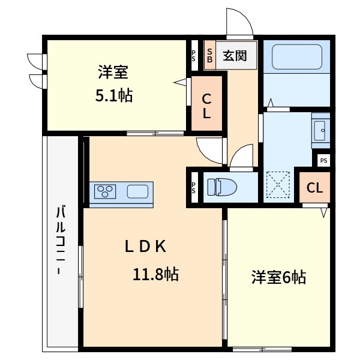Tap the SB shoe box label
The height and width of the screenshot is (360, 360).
(210, 55)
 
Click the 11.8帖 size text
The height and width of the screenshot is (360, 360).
(155, 275)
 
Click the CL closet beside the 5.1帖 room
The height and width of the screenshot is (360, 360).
(206, 106)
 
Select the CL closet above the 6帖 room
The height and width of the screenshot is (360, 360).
(314, 188)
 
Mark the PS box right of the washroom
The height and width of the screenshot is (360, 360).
(323, 161)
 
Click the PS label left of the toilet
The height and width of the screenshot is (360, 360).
(194, 187)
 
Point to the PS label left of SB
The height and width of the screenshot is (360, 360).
(194, 56)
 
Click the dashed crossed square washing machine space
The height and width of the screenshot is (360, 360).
(279, 185)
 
